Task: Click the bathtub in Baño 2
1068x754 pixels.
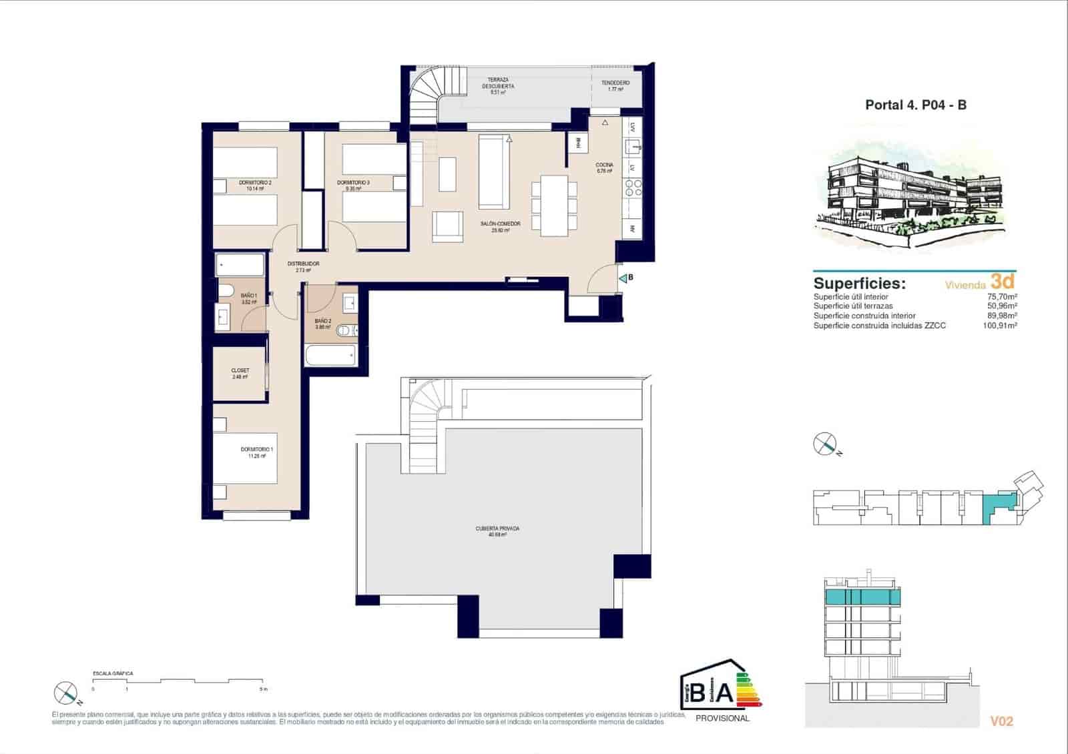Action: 330,355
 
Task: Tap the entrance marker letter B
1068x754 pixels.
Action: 630,278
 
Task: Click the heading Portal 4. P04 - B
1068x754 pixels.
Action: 915,105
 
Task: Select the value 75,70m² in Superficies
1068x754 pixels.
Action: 1001,297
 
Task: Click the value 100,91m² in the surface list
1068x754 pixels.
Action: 999,326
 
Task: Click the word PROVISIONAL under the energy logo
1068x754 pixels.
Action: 722,719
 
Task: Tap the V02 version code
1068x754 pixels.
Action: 1001,721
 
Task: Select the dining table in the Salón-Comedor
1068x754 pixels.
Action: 554,205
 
